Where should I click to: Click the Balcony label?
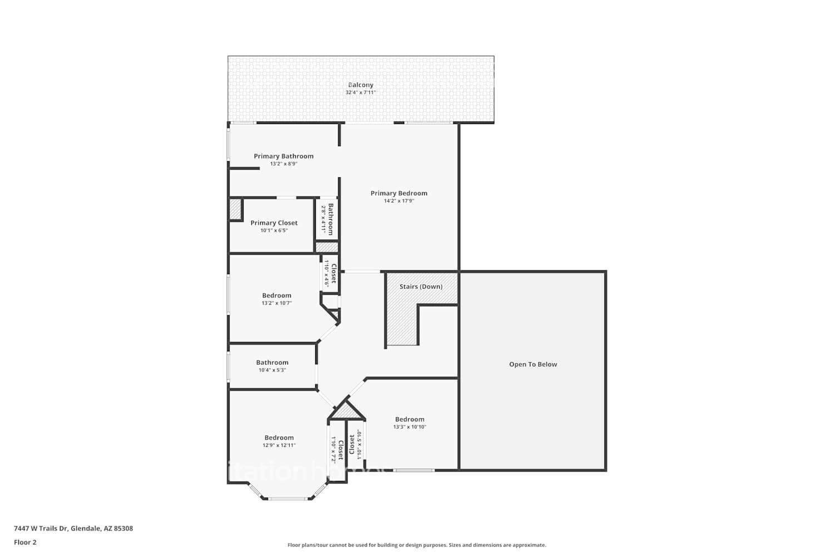click(361, 85)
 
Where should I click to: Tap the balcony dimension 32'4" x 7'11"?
click(361, 93)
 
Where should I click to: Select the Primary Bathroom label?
click(284, 156)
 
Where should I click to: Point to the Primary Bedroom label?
click(399, 193)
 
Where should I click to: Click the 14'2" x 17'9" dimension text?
click(399, 201)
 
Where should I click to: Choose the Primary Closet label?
click(274, 223)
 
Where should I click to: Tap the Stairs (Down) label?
click(421, 287)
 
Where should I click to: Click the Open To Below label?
click(533, 365)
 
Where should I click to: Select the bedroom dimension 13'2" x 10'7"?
click(276, 304)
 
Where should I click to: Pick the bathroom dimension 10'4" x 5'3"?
click(272, 370)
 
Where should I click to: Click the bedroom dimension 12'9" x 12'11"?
click(279, 445)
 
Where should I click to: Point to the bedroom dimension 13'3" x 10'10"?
click(409, 427)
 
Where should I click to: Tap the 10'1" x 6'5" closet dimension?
click(274, 231)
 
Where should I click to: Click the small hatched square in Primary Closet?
click(235, 210)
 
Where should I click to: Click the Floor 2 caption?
click(25, 543)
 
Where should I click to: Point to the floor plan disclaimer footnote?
click(416, 545)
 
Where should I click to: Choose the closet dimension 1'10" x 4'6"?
click(327, 274)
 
